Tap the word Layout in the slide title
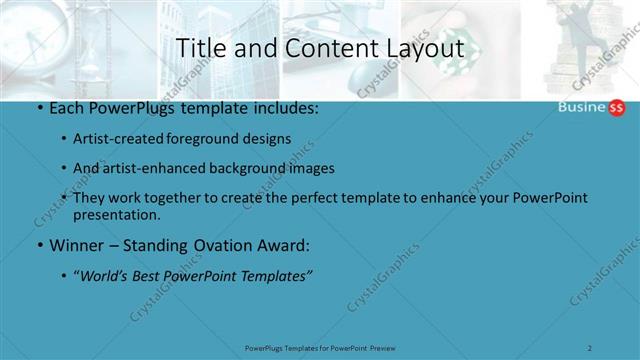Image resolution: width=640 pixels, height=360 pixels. point(424,48)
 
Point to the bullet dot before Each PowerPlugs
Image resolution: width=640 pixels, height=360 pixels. point(38,108)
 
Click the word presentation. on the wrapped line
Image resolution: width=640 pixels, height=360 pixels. point(116,214)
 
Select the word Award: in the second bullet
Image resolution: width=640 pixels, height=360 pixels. point(284,245)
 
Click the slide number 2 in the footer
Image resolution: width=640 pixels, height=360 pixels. point(590,348)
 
